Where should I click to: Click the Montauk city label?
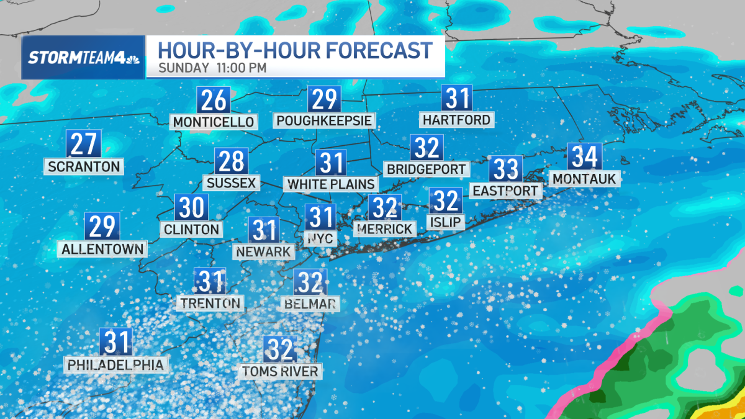point(584,179)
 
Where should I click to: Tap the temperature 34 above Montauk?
point(584,157)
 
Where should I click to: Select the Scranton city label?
point(83,166)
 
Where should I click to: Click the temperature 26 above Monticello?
point(214,101)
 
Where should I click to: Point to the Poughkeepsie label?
point(325,120)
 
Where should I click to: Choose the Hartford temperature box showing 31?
point(456,98)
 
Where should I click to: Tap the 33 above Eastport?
point(505,169)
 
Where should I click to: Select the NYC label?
point(322,239)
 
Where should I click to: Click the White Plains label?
point(331,184)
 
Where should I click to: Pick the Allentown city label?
point(103,250)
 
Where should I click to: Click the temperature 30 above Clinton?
point(191,207)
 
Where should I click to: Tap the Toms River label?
point(281,372)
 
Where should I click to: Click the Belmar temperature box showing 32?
point(310,282)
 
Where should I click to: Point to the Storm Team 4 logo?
point(83,58)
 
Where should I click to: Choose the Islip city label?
point(445,222)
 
